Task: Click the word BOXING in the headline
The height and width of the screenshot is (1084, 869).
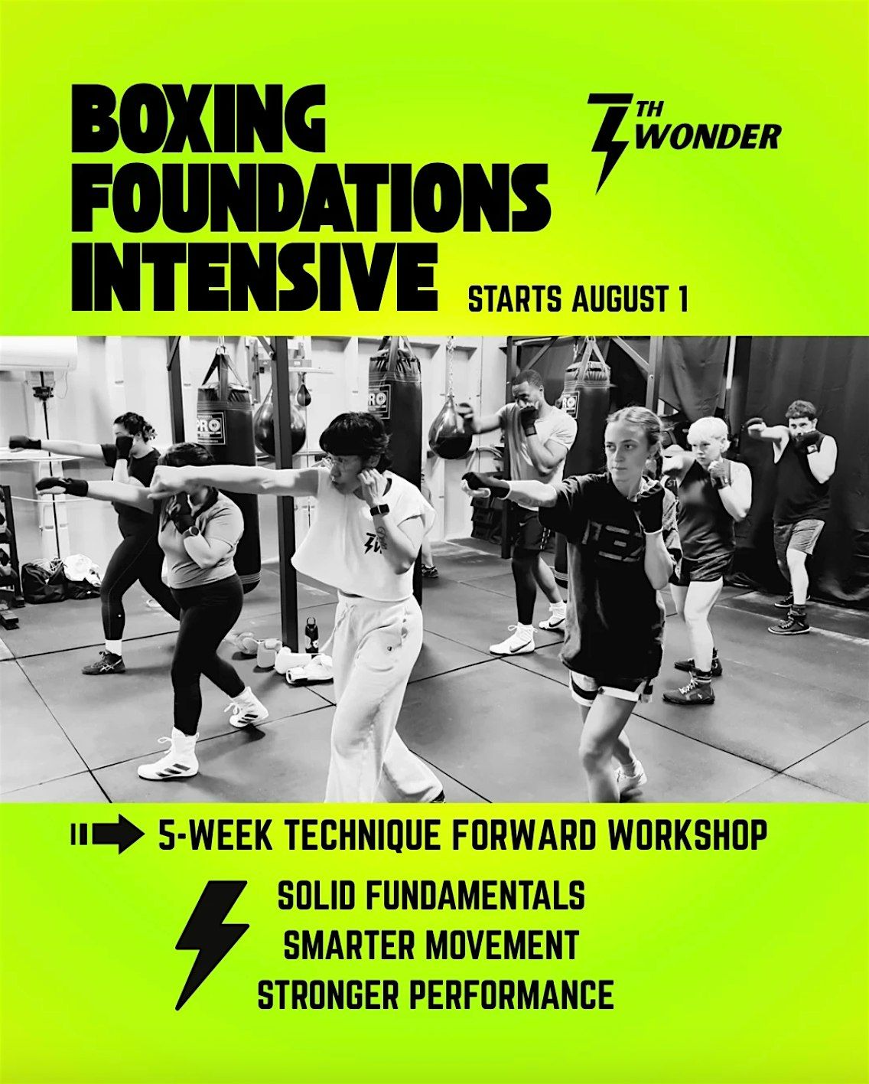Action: [x=198, y=119]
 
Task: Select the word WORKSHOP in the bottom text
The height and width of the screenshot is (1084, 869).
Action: [x=688, y=846]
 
